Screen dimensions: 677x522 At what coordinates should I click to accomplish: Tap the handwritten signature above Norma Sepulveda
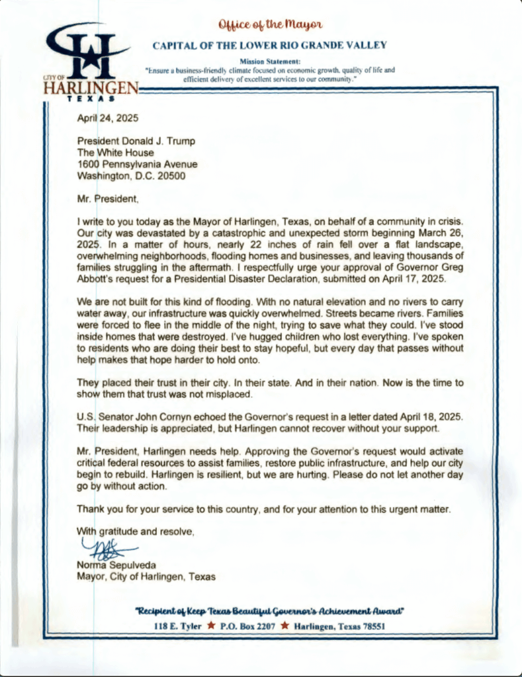click(x=107, y=549)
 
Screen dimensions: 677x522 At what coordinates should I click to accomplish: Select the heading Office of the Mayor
click(x=269, y=25)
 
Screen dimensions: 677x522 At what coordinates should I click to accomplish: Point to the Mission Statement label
click(x=269, y=61)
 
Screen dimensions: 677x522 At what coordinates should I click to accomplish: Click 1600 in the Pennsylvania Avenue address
click(x=89, y=164)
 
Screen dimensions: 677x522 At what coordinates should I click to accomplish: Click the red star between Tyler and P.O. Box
click(x=210, y=625)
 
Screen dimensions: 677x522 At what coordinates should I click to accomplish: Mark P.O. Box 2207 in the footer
click(x=247, y=625)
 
